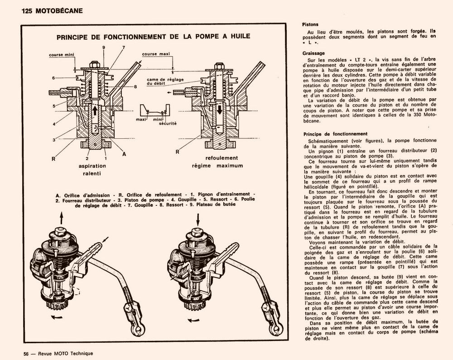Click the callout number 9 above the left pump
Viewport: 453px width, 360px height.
point(104,47)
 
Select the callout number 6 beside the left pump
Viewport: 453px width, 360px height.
point(53,78)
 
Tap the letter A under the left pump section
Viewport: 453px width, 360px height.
point(124,154)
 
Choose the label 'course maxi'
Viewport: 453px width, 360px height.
point(155,54)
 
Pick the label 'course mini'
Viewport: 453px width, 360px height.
point(62,55)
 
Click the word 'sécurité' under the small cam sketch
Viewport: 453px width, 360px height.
point(168,123)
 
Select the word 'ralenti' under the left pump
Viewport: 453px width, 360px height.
point(92,173)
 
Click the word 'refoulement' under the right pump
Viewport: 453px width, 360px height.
point(222,158)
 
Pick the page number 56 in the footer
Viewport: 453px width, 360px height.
point(27,353)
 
